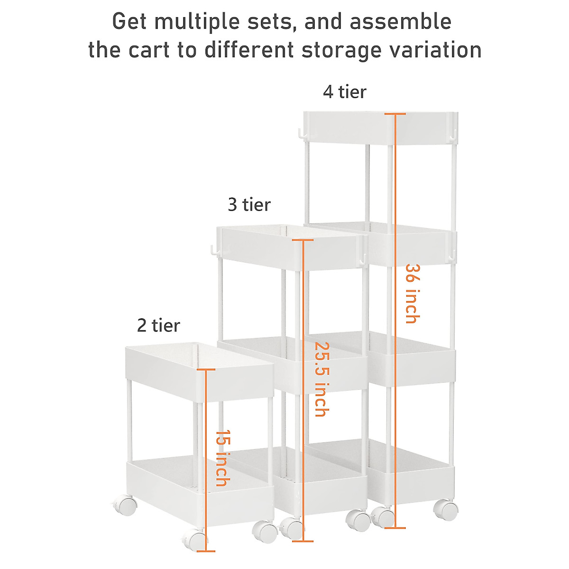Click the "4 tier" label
(345, 92)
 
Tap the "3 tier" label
(249, 205)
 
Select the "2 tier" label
(158, 326)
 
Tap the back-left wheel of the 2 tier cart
(124, 505)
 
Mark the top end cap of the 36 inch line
(395, 114)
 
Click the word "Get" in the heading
(129, 22)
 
